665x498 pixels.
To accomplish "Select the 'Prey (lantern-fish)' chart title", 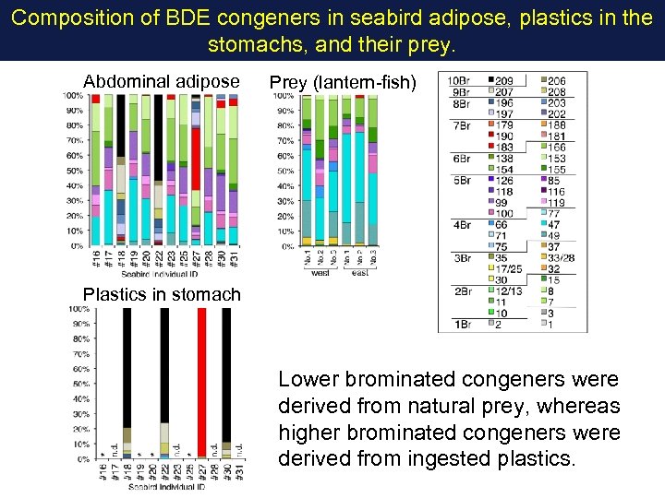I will (x=343, y=83).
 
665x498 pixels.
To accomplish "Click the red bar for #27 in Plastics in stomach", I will (x=201, y=378).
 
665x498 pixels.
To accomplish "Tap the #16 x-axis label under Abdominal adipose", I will (x=96, y=259).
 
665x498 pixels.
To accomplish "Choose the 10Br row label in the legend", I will (x=457, y=81).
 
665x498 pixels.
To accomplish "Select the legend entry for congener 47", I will (x=553, y=224).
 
